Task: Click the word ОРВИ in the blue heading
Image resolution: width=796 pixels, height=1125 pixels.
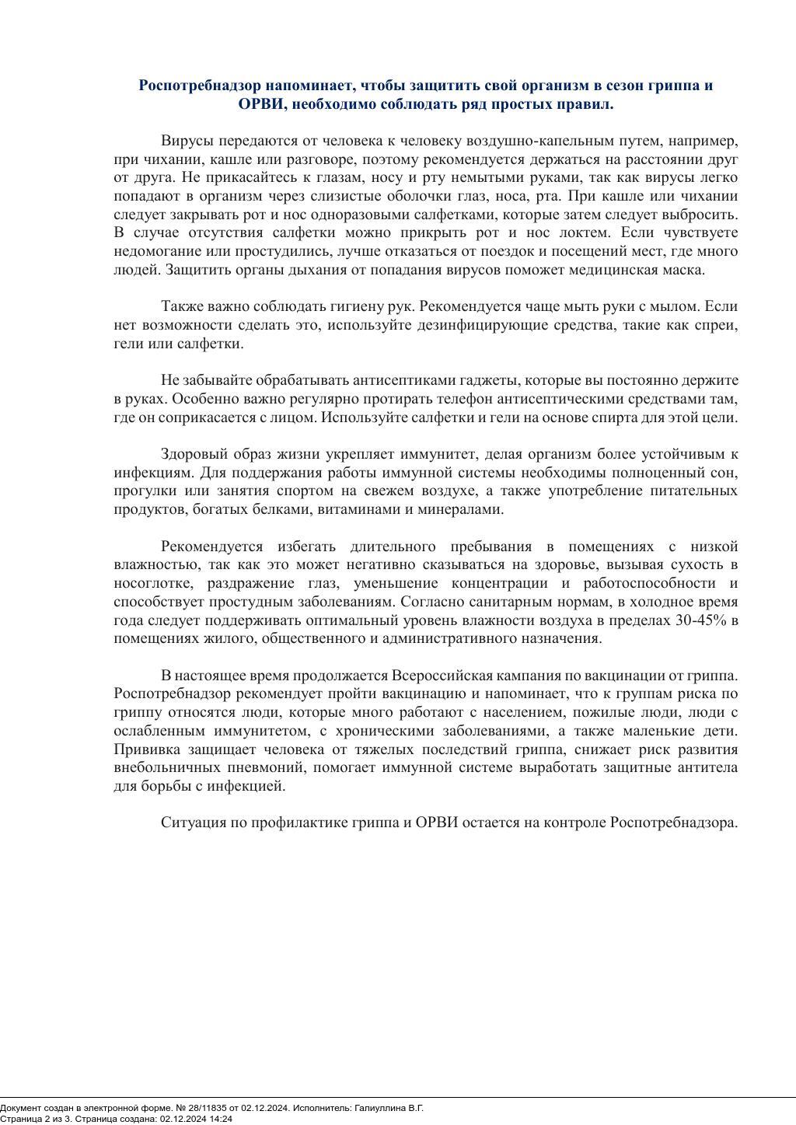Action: (260, 104)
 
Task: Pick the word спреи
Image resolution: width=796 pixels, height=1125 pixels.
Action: (717, 325)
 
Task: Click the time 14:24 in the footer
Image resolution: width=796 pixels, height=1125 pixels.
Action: (220, 1119)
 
